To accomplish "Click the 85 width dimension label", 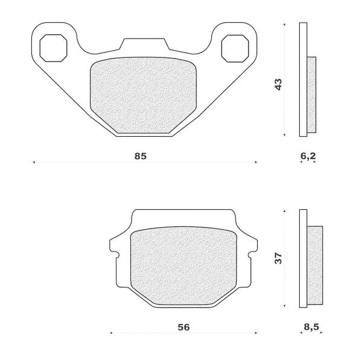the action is (141, 156).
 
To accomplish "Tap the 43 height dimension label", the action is (279, 84).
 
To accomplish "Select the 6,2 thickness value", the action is (308, 156).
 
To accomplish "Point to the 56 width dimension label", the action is (184, 327).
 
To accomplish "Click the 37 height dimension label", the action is (278, 258).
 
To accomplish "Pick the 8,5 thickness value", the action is (311, 327).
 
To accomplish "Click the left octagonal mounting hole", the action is (54, 48).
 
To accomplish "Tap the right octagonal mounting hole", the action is (235, 48).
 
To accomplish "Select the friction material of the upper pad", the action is (143, 95).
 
